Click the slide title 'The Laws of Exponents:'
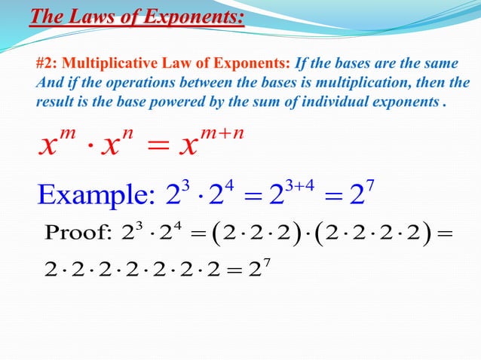pyautogui.click(x=136, y=14)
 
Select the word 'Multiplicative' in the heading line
pyautogui.click(x=106, y=63)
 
